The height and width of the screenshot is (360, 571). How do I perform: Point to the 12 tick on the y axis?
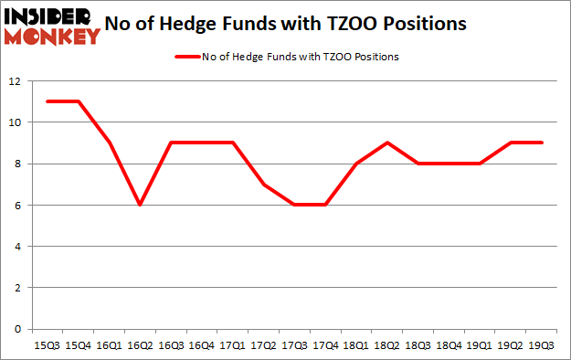tap(16, 81)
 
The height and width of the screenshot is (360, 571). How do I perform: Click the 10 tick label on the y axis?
tap(16, 122)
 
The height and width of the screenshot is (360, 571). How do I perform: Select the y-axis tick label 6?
tap(18, 206)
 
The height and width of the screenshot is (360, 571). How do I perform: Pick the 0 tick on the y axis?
tap(18, 329)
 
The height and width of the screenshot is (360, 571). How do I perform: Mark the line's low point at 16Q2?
tap(139, 205)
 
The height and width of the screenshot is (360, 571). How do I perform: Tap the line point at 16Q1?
tap(108, 143)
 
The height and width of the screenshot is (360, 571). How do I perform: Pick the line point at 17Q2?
tap(262, 184)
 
